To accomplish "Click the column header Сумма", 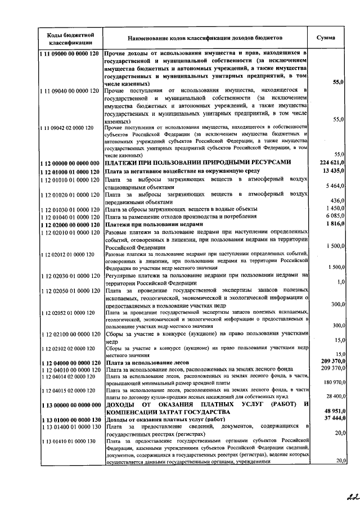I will (x=326, y=38).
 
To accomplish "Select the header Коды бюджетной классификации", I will (x=70, y=38).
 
